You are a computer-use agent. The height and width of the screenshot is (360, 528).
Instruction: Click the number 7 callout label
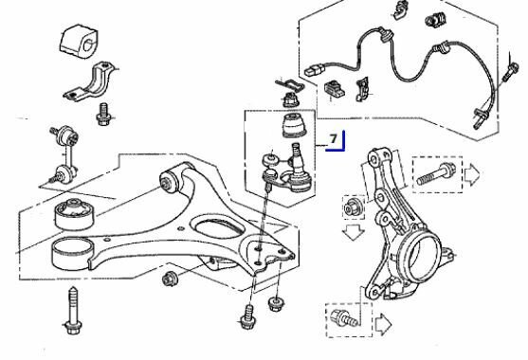pyautogui.click(x=333, y=138)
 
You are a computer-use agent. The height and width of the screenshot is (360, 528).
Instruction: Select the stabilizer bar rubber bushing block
pyautogui.click(x=79, y=40)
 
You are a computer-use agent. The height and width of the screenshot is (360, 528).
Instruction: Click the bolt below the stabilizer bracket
pyautogui.click(x=103, y=114)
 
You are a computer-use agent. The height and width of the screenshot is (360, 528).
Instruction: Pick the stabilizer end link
pyautogui.click(x=65, y=153)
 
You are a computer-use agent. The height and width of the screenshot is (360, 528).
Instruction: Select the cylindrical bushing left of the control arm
pyautogui.click(x=75, y=213)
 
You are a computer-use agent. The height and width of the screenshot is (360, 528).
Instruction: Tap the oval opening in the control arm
pyautogui.click(x=217, y=227)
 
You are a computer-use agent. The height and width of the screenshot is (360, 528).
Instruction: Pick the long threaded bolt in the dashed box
pyautogui.click(x=436, y=174)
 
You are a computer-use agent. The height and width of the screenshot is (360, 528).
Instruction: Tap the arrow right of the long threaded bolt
pyautogui.click(x=472, y=174)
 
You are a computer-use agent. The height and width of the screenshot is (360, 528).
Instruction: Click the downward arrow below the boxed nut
pyautogui.click(x=354, y=232)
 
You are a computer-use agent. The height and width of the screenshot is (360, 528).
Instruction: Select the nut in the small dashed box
pyautogui.click(x=354, y=207)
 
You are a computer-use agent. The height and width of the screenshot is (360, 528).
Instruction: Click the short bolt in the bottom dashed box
pyautogui.click(x=344, y=318)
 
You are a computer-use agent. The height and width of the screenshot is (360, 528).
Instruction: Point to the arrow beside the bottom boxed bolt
pyautogui.click(x=384, y=325)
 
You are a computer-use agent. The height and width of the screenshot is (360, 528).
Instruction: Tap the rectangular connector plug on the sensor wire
pyautogui.click(x=315, y=70)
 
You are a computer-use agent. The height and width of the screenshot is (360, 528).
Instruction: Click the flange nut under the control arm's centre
pyautogui.click(x=170, y=279)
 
